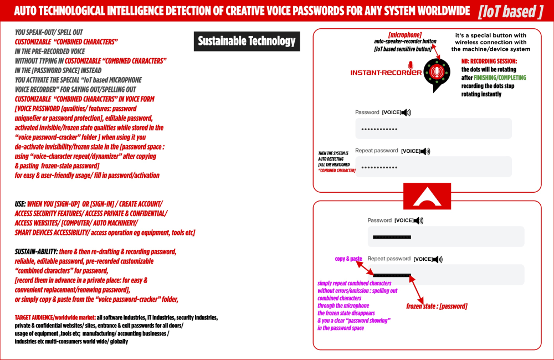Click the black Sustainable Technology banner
[247, 41]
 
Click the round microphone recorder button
[437, 73]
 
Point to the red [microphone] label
[404, 35]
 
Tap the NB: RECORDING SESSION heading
[489, 61]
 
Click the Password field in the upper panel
[433, 129]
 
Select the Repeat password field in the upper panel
[433, 167]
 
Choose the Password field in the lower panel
[445, 236]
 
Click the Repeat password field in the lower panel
[445, 275]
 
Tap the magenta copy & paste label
[348, 259]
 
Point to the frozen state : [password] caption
[437, 306]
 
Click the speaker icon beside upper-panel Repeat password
[425, 151]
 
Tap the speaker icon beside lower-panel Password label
[418, 220]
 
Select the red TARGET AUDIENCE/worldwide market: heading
[55, 318]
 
